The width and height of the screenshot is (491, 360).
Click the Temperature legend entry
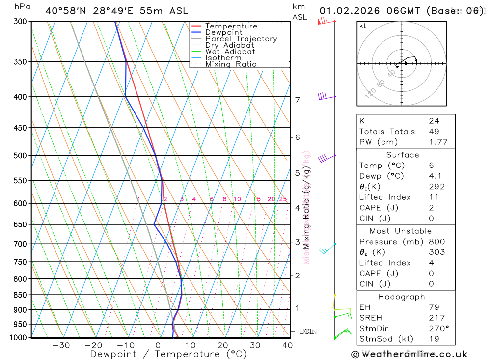point(231,26)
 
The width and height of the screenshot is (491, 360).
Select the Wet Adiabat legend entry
point(230,52)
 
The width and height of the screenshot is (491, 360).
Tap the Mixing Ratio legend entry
point(231,64)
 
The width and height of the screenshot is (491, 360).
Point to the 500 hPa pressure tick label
point(20,156)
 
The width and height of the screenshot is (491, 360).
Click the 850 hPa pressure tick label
point(20,295)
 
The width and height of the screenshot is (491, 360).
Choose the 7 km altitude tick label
point(298,100)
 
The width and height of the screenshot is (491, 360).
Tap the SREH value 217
point(436,318)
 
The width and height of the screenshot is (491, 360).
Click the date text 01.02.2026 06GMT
point(370,11)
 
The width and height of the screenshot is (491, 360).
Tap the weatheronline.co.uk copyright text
point(409,354)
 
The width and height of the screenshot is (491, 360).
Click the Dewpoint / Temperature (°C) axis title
point(168,354)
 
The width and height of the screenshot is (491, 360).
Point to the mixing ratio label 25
point(283,199)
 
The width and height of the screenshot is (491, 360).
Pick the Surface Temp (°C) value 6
point(431,166)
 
